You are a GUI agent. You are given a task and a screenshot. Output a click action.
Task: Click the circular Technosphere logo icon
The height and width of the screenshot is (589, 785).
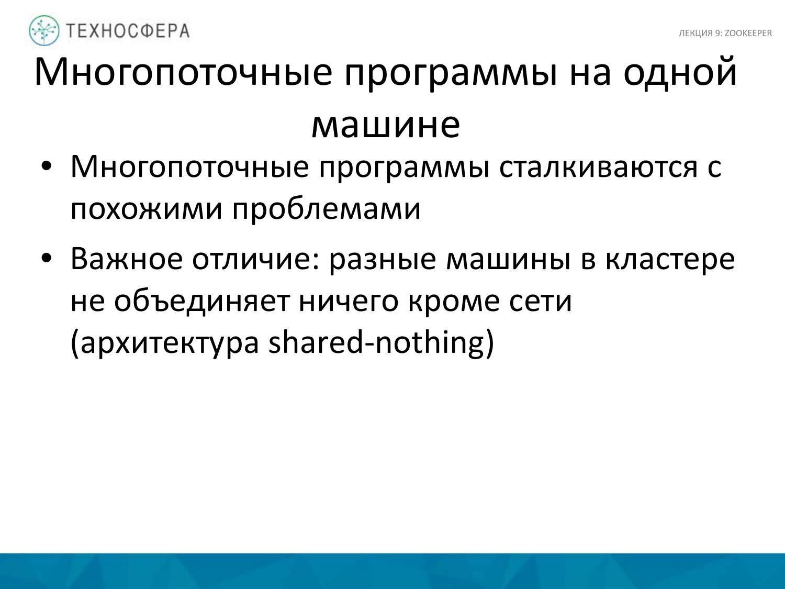[44, 30]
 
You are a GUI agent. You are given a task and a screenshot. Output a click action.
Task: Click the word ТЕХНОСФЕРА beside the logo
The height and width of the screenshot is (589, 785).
[128, 31]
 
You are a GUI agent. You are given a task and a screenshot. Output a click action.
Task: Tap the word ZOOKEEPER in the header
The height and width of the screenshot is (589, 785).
[748, 34]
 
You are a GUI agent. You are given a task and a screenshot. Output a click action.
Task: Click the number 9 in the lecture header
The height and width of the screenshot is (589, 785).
[717, 34]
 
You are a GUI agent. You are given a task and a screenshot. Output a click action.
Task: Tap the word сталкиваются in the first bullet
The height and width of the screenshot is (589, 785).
[598, 168]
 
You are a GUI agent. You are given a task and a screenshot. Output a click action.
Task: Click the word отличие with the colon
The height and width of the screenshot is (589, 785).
[255, 259]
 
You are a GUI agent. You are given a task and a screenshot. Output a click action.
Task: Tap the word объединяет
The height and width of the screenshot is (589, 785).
[201, 301]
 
